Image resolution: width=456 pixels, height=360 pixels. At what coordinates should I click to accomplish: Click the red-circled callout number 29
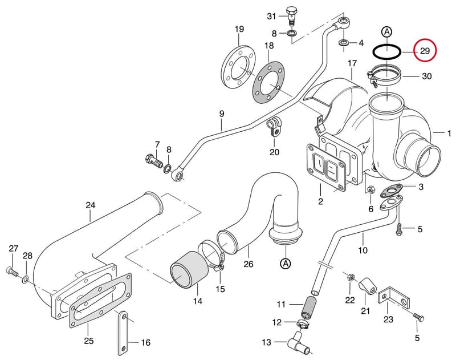coord(425,51)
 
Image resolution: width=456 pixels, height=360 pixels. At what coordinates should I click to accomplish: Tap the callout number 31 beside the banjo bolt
coord(271,17)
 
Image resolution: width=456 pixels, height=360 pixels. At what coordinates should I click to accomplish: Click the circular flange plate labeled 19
coord(238,66)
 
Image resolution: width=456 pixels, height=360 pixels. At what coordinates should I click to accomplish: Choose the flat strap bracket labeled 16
coord(123,333)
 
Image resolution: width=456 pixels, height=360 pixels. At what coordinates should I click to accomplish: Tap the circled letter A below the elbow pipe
coord(286,264)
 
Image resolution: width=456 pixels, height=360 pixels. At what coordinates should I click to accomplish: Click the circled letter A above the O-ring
coord(387,32)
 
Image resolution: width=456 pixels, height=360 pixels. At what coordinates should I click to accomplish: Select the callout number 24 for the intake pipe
coord(91,205)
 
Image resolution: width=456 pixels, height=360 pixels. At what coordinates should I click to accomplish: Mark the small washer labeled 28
coord(26,280)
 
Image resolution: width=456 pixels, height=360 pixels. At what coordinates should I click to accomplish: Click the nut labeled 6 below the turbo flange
coord(371,191)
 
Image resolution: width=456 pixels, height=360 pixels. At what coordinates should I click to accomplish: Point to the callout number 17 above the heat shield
coord(352,63)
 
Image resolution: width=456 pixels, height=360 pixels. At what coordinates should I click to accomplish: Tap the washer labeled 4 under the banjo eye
coord(344,43)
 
